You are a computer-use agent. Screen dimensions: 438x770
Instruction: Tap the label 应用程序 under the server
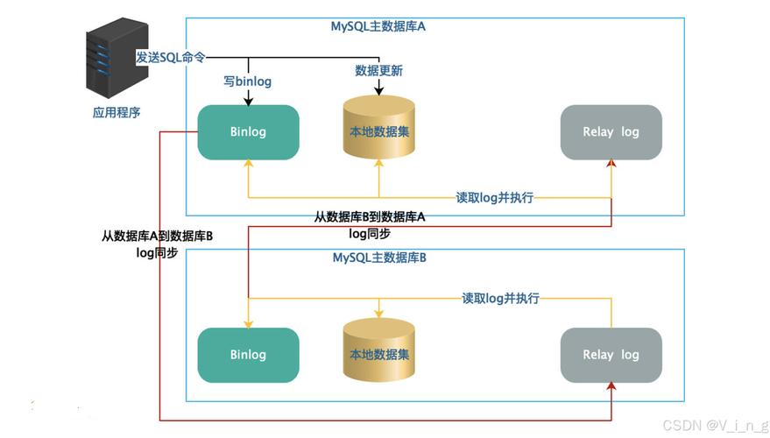click(x=117, y=112)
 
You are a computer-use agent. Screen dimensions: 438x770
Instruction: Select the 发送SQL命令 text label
click(x=171, y=57)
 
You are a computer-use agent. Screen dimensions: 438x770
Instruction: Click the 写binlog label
click(x=248, y=81)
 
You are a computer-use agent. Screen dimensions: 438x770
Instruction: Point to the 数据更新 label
click(x=378, y=70)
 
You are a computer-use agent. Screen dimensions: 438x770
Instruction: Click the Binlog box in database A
click(x=248, y=132)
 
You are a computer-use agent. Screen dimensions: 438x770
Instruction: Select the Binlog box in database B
click(x=248, y=355)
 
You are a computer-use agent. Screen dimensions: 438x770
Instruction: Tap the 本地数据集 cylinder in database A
click(x=379, y=131)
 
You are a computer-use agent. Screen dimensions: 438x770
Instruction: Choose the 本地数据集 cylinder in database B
click(x=379, y=355)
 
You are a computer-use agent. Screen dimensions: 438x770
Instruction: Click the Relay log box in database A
click(x=611, y=132)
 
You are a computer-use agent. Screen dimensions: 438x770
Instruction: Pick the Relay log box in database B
click(x=611, y=355)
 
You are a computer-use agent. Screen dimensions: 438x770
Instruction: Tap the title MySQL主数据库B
click(x=379, y=258)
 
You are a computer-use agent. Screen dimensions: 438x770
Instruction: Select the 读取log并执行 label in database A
click(x=494, y=197)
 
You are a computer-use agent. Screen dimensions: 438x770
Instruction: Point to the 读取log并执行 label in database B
click(x=500, y=298)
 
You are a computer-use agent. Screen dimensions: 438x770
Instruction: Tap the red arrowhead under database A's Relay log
click(x=611, y=166)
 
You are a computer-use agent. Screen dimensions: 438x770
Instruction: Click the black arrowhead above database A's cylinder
click(x=379, y=91)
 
